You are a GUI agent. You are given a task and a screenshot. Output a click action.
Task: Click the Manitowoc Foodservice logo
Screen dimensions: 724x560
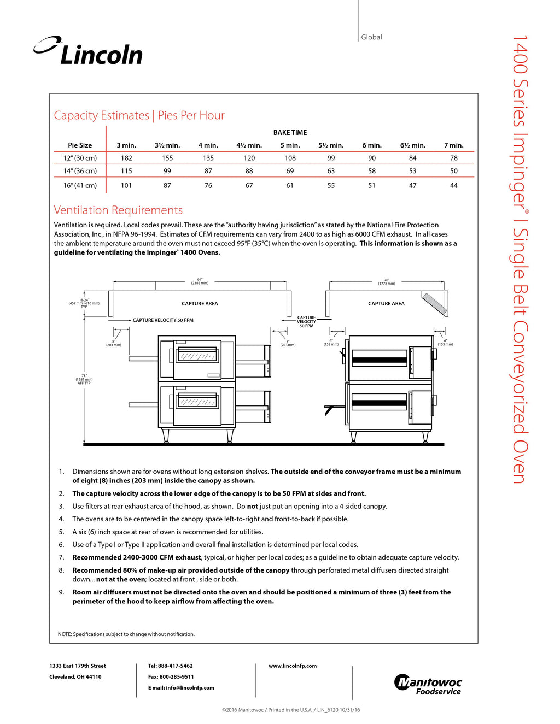428,685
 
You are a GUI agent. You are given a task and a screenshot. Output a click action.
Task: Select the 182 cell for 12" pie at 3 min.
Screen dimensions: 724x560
126,158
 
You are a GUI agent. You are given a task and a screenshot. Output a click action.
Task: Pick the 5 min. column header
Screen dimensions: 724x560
290,145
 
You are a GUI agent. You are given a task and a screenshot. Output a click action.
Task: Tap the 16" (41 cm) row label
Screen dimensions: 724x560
80,186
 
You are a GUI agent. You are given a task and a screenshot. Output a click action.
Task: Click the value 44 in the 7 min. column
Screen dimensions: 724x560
453,186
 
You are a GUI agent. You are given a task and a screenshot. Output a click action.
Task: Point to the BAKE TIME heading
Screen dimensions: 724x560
290,133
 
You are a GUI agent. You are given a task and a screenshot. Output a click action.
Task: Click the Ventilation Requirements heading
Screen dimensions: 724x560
118,210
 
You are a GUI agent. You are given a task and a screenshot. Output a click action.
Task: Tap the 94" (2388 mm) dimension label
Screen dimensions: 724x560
200,281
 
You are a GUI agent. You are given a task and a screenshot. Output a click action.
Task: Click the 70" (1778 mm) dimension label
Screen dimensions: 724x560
386,282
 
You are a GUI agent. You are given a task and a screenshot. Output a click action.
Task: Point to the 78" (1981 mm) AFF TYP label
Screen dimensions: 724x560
84,379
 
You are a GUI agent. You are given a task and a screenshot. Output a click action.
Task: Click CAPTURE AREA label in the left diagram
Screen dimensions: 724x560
200,304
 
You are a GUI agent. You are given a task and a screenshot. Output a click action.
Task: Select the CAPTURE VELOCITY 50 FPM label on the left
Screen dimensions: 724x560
163,320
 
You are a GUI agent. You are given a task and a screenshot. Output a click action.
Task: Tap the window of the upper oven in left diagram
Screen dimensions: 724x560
197,356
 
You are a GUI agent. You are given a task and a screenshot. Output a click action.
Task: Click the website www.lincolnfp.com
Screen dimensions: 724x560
293,666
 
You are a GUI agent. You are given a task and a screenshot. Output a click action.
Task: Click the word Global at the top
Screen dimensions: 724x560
371,37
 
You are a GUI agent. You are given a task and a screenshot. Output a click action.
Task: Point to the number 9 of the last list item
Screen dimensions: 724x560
61,592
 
